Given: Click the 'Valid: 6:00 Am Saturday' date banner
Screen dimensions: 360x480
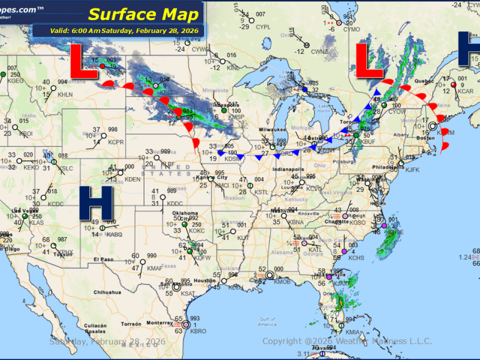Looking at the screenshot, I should [x=119, y=31].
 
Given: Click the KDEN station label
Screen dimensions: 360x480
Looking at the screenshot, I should [x=133, y=179].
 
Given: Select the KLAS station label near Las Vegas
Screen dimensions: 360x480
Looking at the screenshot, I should [x=20, y=223].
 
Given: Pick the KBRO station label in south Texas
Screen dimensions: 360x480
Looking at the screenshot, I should [x=197, y=331].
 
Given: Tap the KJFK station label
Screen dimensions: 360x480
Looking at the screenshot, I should [x=412, y=170].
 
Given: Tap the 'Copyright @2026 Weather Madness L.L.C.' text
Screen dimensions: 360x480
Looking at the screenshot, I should [x=347, y=341].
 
